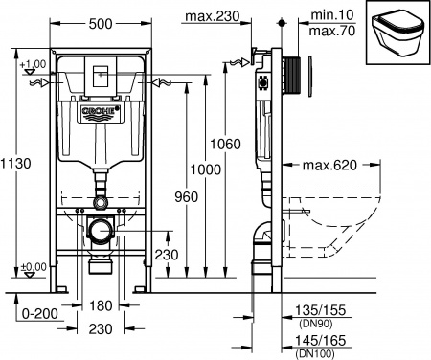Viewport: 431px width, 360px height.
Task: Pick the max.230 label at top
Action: [x=239, y=17]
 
